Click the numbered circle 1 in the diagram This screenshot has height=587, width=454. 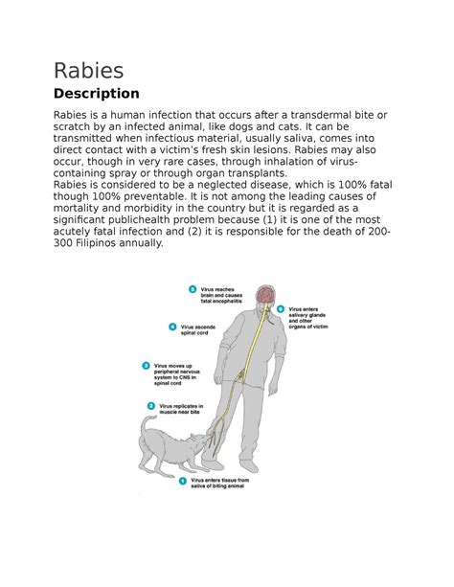click(x=182, y=483)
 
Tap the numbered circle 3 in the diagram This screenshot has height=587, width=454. click(x=146, y=365)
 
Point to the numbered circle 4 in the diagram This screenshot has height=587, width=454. click(x=171, y=327)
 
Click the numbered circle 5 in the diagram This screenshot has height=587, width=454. click(x=193, y=288)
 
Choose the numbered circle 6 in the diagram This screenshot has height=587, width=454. click(x=281, y=309)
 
